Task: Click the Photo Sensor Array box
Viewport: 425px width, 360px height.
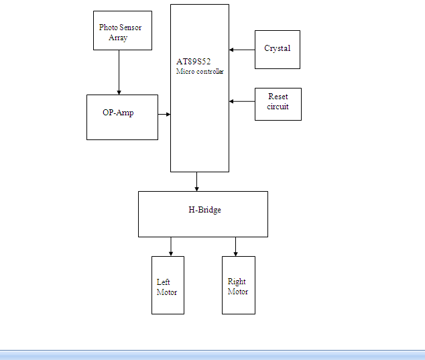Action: pyautogui.click(x=122, y=30)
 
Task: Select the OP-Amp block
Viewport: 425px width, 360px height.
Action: pyautogui.click(x=122, y=117)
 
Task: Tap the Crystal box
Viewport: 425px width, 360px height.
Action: pyautogui.click(x=277, y=49)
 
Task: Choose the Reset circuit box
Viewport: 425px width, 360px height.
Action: pyautogui.click(x=278, y=104)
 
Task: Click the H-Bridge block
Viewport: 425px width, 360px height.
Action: pyautogui.click(x=202, y=214)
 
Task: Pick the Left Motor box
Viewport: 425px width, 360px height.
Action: pyautogui.click(x=168, y=285)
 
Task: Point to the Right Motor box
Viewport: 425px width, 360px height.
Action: pyautogui.click(x=238, y=285)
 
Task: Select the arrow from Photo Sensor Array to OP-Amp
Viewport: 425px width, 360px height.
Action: pyautogui.click(x=119, y=72)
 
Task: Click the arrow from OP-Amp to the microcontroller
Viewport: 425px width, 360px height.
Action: pyautogui.click(x=164, y=115)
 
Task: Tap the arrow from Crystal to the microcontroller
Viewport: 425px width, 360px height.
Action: pyautogui.click(x=242, y=49)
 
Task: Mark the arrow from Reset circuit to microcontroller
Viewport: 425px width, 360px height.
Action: pyautogui.click(x=242, y=101)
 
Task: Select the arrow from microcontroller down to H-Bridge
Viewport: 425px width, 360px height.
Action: pyautogui.click(x=197, y=182)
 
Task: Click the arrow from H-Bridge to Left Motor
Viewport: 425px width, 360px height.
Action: pyautogui.click(x=171, y=246)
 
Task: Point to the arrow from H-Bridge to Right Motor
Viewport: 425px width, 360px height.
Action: pyautogui.click(x=235, y=246)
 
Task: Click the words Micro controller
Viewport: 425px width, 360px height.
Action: pyautogui.click(x=200, y=71)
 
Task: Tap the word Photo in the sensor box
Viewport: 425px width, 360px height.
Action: pyautogui.click(x=109, y=27)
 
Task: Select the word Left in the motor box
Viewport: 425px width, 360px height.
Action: pyautogui.click(x=164, y=282)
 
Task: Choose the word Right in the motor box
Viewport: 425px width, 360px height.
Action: pyautogui.click(x=237, y=282)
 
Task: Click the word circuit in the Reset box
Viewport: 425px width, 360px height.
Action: pyautogui.click(x=278, y=107)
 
